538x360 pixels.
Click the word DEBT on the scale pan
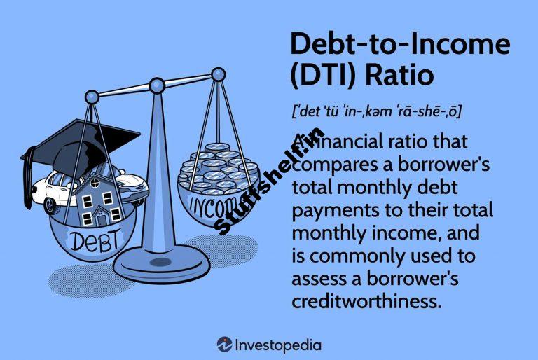point(95,240)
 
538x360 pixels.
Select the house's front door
point(102,219)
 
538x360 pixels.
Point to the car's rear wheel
point(50,205)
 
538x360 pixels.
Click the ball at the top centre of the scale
point(157,85)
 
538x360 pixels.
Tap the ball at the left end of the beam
point(92,97)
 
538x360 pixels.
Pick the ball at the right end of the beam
point(219,74)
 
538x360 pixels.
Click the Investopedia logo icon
point(224,345)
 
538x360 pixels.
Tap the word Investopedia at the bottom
point(278,345)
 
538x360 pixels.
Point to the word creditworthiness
point(366,301)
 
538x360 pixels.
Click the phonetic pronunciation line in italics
point(376,111)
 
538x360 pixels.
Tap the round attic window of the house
point(95,184)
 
